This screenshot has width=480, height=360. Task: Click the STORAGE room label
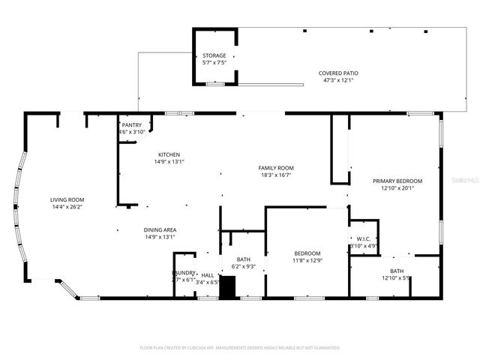[x=214, y=55]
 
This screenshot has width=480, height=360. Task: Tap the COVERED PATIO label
[x=340, y=73]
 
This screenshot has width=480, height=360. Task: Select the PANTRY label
[x=131, y=124]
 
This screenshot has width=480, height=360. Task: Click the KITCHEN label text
[x=168, y=154]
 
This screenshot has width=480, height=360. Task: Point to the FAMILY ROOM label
[x=276, y=168]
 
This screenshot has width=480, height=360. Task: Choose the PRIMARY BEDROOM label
[x=397, y=181]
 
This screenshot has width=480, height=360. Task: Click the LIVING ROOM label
[x=67, y=199]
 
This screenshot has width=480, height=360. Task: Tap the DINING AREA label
[x=160, y=230]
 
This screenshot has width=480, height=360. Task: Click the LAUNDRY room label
[x=184, y=273]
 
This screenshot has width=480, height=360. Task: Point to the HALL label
[x=208, y=275]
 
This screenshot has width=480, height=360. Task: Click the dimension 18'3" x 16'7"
[x=276, y=175]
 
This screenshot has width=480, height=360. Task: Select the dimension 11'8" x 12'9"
[x=307, y=261]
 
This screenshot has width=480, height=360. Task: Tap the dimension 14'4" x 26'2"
[x=67, y=207]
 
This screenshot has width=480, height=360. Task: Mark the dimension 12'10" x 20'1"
[x=397, y=188]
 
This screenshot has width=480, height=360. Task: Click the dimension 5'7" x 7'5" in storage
[x=214, y=63]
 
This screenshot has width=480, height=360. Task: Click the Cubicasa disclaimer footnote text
[x=240, y=348]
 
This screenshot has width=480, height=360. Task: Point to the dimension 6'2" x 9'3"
[x=244, y=266]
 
